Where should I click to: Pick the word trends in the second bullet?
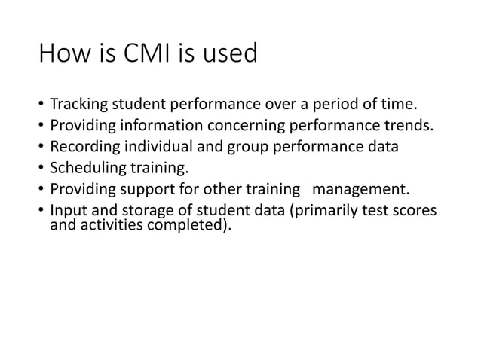click(x=409, y=125)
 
